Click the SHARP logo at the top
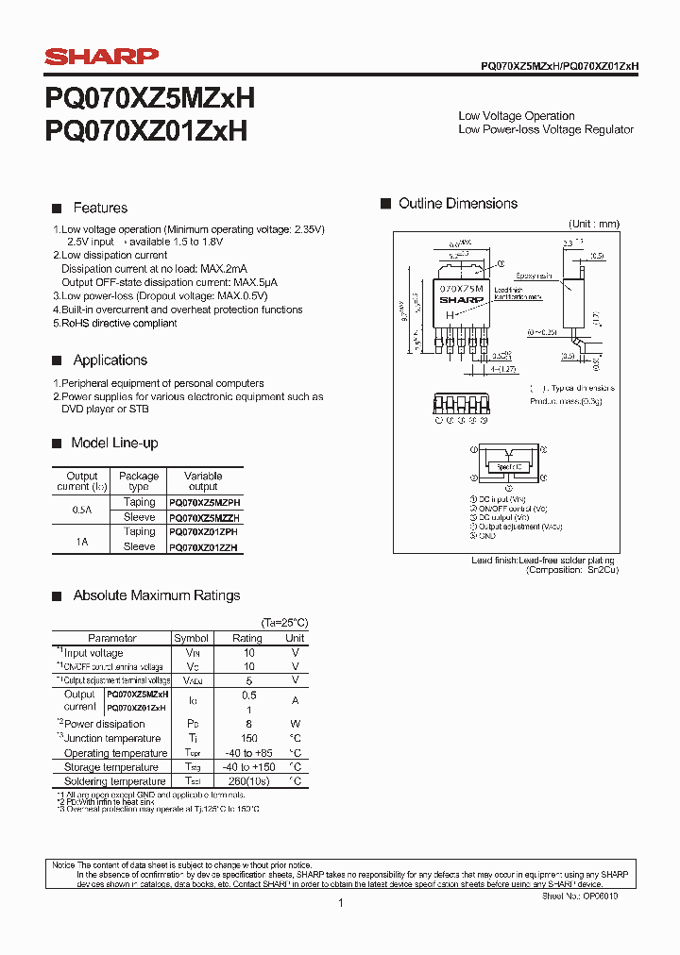pos(102,57)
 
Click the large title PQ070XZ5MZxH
pos(149,99)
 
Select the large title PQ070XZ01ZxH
pos(146,130)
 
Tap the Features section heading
pos(100,208)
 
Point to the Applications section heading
pos(110,360)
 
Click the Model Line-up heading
pos(114,443)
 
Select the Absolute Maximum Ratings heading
pos(157,595)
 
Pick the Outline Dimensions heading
pos(458,203)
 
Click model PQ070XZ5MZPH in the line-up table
pos(203,503)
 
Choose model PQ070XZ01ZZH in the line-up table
pos(203,547)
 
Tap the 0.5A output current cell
pos(80,511)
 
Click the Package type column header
pos(139,481)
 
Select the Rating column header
pos(247,638)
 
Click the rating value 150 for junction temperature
pos(249,738)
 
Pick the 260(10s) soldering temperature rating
pos(249,781)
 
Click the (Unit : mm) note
pos(593,224)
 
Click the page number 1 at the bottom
pos(340,903)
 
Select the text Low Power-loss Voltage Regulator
pos(545,129)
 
